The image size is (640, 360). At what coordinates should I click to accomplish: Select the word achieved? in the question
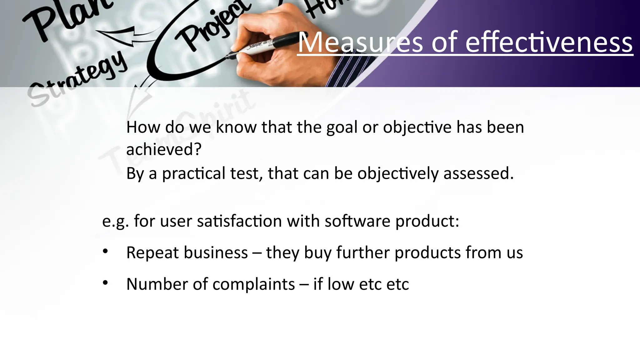164,149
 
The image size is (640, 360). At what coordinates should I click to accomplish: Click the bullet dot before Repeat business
105,251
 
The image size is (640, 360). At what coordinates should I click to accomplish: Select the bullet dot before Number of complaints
105,282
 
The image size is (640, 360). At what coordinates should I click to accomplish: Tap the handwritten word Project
212,27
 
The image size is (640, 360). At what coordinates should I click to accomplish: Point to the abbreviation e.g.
115,221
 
